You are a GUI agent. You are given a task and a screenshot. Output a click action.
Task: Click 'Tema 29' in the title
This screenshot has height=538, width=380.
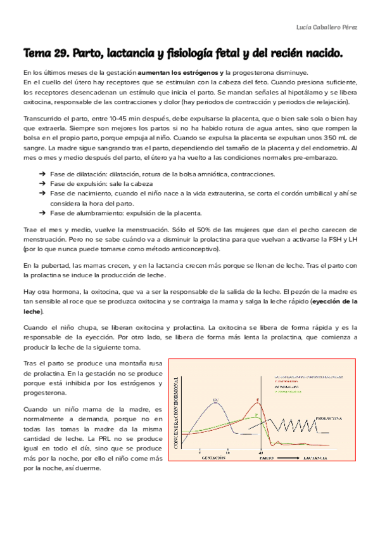47,55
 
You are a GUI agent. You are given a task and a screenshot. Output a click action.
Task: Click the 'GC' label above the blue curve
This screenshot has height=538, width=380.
216,399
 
